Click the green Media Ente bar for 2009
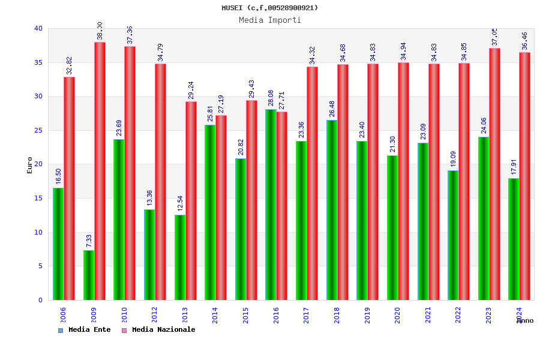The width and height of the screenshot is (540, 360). click(x=89, y=275)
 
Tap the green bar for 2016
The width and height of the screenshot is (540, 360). click(x=271, y=205)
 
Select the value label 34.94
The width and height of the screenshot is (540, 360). click(x=403, y=52)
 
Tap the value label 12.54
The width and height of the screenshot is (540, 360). click(x=180, y=205)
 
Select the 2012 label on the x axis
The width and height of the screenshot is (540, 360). click(x=154, y=316)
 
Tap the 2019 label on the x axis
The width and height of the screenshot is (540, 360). click(x=367, y=316)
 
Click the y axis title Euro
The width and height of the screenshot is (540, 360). click(x=30, y=165)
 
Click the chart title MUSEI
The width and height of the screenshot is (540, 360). click(x=269, y=8)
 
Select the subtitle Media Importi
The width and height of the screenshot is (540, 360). click(x=269, y=20)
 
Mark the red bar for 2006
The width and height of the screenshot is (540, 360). click(x=70, y=188)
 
